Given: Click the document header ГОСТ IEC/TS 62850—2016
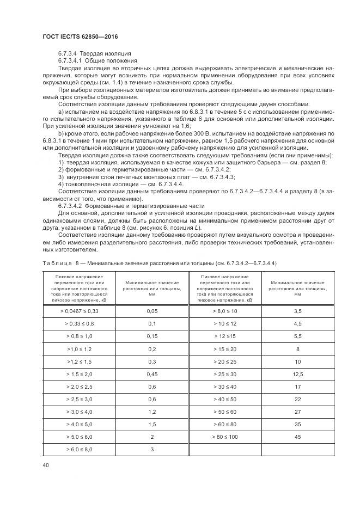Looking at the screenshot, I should click(80, 36).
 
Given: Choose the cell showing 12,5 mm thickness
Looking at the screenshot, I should click(297, 373).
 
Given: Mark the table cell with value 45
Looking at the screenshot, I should click(297, 437).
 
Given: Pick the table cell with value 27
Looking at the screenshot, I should click(297, 412).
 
